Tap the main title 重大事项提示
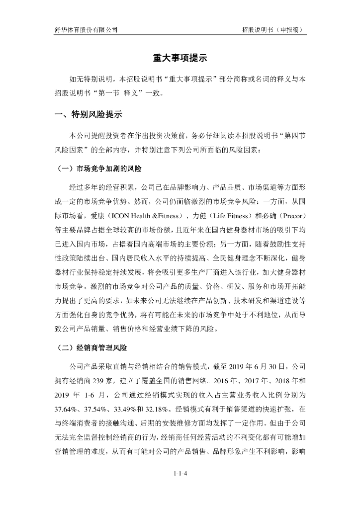(x=180, y=58)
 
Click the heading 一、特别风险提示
(x=88, y=115)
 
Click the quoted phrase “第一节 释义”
(x=105, y=93)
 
